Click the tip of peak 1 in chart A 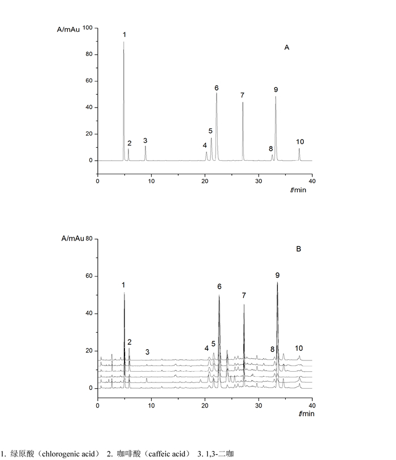pyautogui.click(x=124, y=42)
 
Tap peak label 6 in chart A pyautogui.click(x=216, y=88)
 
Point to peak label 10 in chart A pyautogui.click(x=300, y=141)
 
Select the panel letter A pyautogui.click(x=287, y=48)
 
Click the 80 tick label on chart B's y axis pyautogui.click(x=88, y=239)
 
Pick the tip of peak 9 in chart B pyautogui.click(x=277, y=282)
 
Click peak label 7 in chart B pyautogui.click(x=244, y=295)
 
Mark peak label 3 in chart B pyautogui.click(x=147, y=352)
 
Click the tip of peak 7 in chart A pyautogui.click(x=243, y=102)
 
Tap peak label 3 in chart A pyautogui.click(x=145, y=140)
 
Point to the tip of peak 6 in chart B pyautogui.click(x=219, y=295)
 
